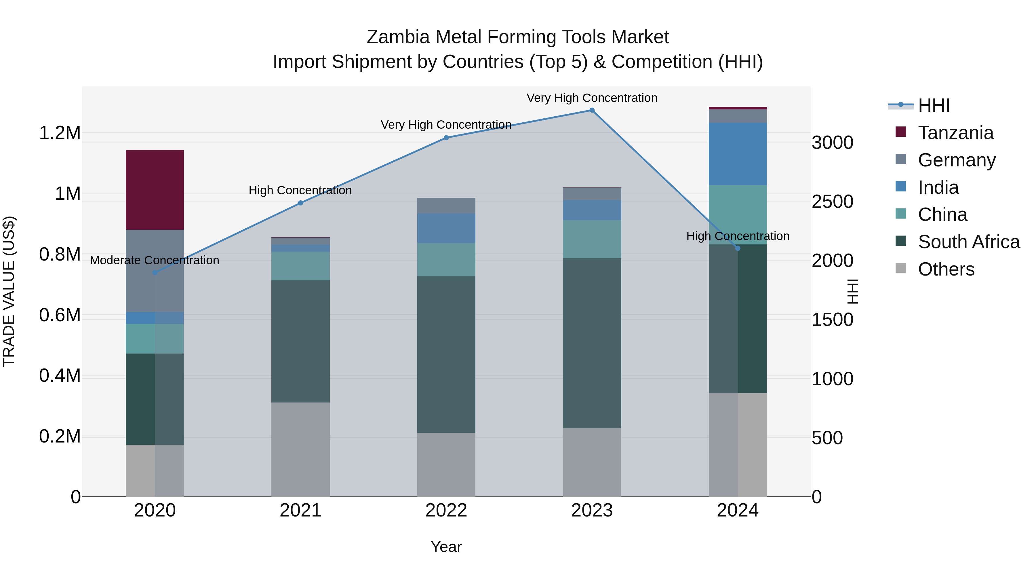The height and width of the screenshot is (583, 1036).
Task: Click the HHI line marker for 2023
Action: click(x=592, y=110)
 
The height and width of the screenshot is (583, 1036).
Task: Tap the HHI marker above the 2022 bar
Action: click(x=446, y=138)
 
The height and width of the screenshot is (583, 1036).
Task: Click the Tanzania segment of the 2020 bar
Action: click(x=155, y=190)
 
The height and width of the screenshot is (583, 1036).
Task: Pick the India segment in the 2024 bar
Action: click(x=738, y=154)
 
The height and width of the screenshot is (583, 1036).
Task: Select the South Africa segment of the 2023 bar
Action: click(x=592, y=343)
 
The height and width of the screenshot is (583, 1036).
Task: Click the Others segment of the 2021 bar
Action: click(x=300, y=449)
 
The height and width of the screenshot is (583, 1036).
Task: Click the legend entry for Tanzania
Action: click(x=955, y=133)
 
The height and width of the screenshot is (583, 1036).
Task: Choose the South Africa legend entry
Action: click(x=968, y=242)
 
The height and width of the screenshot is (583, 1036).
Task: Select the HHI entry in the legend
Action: click(x=934, y=105)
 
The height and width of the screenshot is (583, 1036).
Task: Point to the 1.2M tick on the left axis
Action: click(x=60, y=133)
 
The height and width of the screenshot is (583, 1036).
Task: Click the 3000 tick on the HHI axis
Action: click(x=832, y=143)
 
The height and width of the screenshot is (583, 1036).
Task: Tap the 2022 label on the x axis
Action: click(x=446, y=510)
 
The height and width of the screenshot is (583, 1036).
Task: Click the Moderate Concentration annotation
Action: click(x=155, y=260)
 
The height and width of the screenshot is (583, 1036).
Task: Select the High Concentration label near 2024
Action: click(x=738, y=236)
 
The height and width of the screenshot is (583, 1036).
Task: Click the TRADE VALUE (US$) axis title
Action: click(x=9, y=291)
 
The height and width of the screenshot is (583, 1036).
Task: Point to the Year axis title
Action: click(x=446, y=547)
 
